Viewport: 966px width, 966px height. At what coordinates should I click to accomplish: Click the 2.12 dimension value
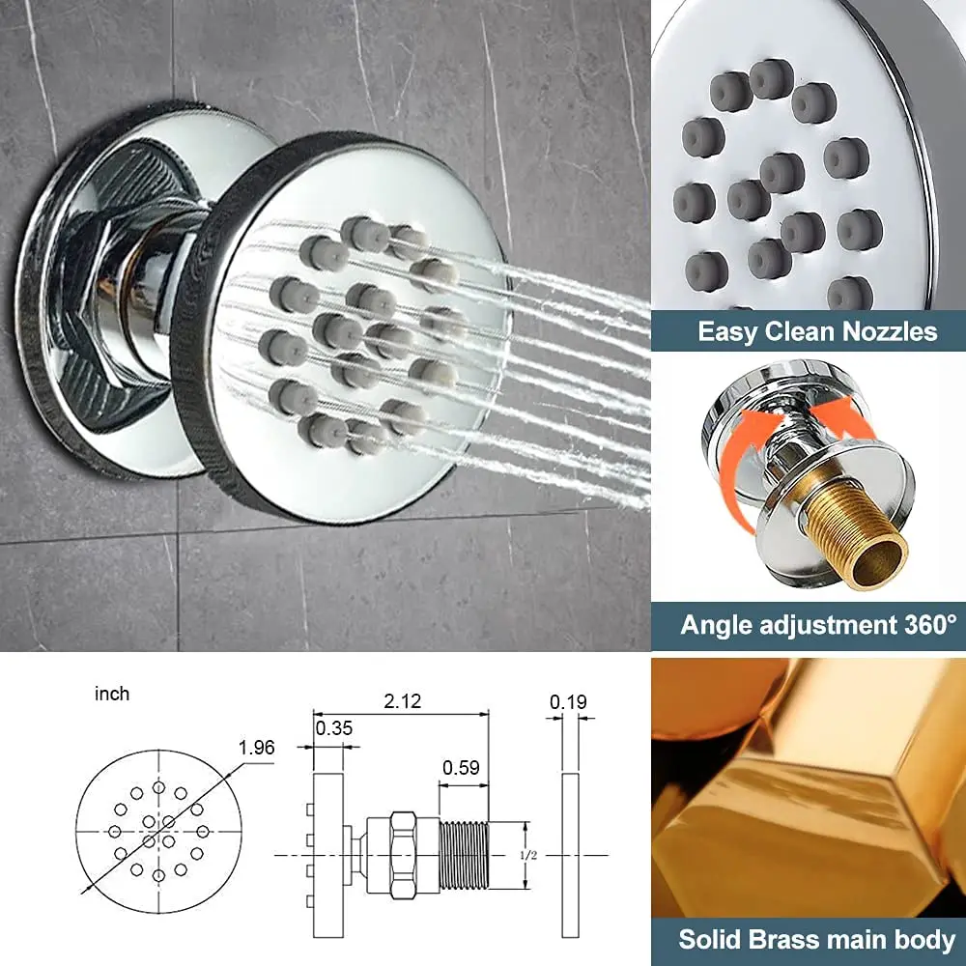coord(402,701)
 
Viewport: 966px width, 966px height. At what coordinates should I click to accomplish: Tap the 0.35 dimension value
coord(334,728)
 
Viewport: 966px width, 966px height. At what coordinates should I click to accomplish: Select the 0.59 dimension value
coord(461,768)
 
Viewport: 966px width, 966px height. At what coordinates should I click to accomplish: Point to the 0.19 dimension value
coord(568,701)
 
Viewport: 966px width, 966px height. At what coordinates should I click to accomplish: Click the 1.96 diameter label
coord(256,748)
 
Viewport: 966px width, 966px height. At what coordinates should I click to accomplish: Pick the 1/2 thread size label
coord(528,855)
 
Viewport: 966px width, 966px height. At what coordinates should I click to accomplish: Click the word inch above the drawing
coord(112,694)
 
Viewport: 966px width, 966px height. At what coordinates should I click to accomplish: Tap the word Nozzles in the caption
coord(890,331)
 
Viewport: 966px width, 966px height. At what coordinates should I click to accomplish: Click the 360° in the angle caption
coord(931,625)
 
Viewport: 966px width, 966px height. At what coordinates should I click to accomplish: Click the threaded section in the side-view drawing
coord(464,855)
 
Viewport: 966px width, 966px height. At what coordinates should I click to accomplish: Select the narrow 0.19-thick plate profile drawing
coord(571,855)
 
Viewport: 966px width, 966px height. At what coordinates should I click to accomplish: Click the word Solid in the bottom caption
coord(707,940)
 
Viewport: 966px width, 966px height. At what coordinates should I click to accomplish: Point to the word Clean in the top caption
coord(800,331)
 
